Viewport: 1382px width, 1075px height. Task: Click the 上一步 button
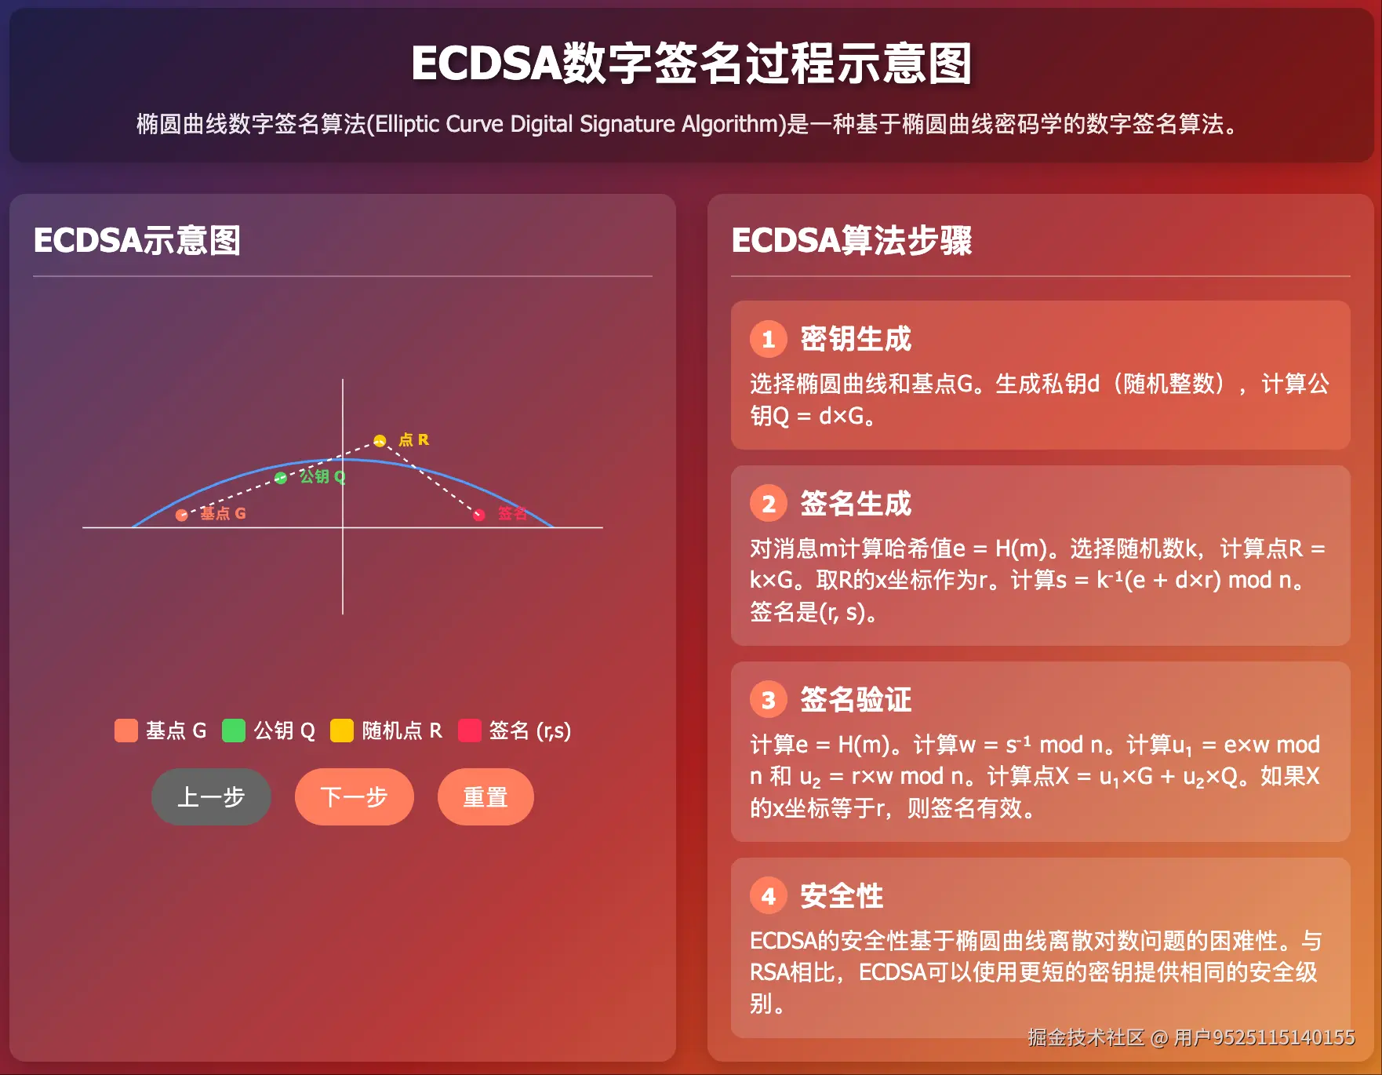pyautogui.click(x=211, y=796)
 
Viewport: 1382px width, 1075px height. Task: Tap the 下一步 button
pyautogui.click(x=354, y=796)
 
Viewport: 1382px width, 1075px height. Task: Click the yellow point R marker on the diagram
pyautogui.click(x=380, y=440)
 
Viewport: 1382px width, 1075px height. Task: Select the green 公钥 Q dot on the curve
pyautogui.click(x=281, y=478)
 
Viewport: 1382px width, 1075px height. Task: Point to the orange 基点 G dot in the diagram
pyautogui.click(x=182, y=515)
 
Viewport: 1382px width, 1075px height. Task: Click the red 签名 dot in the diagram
pyautogui.click(x=479, y=515)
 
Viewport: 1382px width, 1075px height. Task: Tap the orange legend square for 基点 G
pyautogui.click(x=125, y=731)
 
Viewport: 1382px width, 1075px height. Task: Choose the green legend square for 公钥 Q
pyautogui.click(x=234, y=731)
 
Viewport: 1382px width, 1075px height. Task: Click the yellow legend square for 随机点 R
pyautogui.click(x=342, y=731)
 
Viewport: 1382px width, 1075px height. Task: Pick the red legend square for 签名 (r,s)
pyautogui.click(x=469, y=731)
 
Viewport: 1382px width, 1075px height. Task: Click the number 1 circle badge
pyautogui.click(x=768, y=339)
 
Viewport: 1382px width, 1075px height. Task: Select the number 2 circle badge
pyautogui.click(x=768, y=504)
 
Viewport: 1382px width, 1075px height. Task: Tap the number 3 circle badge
pyautogui.click(x=768, y=700)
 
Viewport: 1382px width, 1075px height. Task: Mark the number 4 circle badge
pyautogui.click(x=768, y=896)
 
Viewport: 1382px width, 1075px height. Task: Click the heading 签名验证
pyautogui.click(x=856, y=700)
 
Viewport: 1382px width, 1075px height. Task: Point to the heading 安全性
pyautogui.click(x=842, y=896)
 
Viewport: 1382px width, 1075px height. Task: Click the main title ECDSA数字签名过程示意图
pyautogui.click(x=691, y=64)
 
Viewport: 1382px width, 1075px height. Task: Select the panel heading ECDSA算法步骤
pyautogui.click(x=852, y=240)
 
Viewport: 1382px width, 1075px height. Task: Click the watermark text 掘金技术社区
pyautogui.click(x=1086, y=1037)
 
